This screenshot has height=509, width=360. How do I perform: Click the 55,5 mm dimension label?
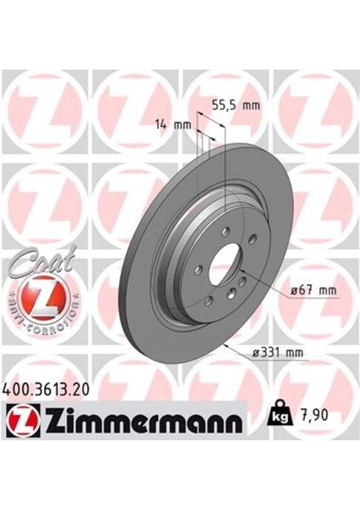coord(235,108)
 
